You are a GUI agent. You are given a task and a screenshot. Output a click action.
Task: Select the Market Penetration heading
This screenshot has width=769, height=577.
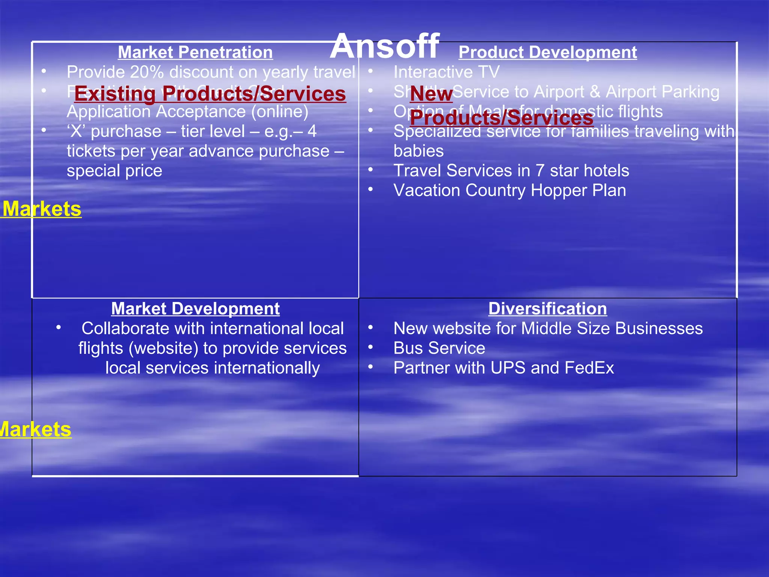click(x=195, y=52)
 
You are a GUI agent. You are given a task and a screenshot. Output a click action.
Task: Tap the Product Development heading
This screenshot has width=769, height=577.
click(x=547, y=52)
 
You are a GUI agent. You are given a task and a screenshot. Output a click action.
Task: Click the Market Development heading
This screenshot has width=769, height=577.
click(x=195, y=309)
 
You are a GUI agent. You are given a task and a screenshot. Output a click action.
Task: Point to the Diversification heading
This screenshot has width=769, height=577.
click(x=547, y=309)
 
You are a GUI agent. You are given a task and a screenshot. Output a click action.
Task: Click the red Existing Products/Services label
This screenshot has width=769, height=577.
click(x=210, y=94)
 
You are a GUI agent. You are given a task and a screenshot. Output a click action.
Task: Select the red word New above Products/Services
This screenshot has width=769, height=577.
click(x=431, y=94)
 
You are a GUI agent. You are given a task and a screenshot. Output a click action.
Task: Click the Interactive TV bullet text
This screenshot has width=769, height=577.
click(x=446, y=72)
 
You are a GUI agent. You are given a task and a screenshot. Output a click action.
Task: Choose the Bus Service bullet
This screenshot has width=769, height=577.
click(x=439, y=348)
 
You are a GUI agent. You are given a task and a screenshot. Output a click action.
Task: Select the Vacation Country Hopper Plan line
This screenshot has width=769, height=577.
click(x=510, y=190)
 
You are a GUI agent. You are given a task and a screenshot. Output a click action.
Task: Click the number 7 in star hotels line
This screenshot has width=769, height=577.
click(x=540, y=171)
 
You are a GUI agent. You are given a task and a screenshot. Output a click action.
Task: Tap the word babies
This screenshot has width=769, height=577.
click(x=418, y=151)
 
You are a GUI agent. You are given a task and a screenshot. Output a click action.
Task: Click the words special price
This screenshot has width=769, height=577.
click(x=115, y=171)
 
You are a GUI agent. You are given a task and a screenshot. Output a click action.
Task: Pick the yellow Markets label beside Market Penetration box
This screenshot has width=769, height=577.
click(x=42, y=209)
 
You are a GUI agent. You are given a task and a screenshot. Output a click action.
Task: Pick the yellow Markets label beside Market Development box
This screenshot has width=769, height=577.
click(x=35, y=429)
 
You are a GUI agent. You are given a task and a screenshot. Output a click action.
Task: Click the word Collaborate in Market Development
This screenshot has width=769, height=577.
click(x=125, y=329)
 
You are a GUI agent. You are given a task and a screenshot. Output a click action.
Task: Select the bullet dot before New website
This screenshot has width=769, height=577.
click(x=371, y=328)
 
